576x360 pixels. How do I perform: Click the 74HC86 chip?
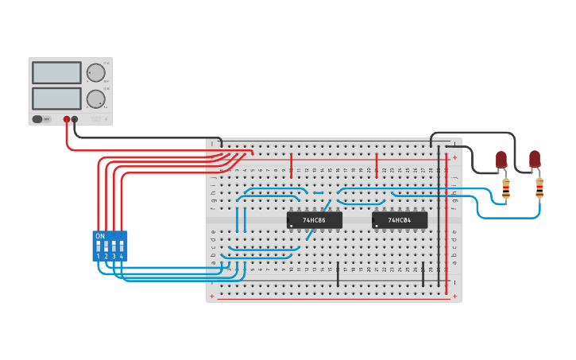315,220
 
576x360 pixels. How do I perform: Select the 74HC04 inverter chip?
400,220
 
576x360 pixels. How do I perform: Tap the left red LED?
501,160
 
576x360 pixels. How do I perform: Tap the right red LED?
535,159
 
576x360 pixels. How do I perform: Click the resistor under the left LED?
506,189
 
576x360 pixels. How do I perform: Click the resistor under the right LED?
539,189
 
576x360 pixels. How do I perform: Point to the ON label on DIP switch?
100,236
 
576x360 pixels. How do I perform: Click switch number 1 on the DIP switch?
99,246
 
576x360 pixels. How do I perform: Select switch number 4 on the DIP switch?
122,246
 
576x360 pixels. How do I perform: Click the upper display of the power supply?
56,73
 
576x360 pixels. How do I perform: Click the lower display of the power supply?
56,99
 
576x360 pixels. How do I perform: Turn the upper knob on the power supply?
95,73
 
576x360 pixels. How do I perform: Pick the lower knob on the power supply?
95,99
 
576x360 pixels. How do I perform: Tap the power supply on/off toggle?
37,119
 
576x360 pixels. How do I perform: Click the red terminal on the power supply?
67,119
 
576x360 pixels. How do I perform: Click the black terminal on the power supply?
75,119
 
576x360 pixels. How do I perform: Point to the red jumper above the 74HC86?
292,165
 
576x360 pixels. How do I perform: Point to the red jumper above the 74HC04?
377,165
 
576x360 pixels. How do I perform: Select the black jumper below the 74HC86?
338,273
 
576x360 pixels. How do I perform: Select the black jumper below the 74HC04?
423,273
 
